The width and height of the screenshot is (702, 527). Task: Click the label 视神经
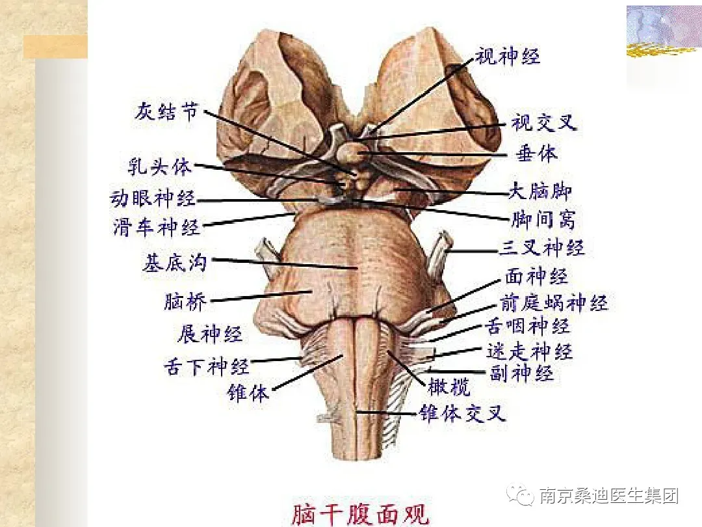click(x=507, y=57)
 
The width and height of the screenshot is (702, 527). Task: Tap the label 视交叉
click(x=543, y=122)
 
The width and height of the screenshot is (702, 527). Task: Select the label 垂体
click(x=537, y=154)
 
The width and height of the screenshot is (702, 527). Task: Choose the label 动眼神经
click(x=153, y=198)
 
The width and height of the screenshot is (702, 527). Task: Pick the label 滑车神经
click(x=156, y=228)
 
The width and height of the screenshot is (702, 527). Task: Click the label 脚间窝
click(x=543, y=219)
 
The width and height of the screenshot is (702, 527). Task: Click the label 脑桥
click(x=185, y=302)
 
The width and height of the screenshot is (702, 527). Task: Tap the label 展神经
click(x=209, y=334)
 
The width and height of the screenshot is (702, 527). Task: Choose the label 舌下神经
click(x=206, y=366)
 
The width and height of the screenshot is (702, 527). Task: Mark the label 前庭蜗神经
click(x=553, y=303)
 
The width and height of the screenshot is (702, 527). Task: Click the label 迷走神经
click(x=529, y=351)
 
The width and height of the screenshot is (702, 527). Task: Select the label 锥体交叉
click(x=461, y=413)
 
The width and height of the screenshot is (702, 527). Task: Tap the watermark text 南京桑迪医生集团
click(x=608, y=496)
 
